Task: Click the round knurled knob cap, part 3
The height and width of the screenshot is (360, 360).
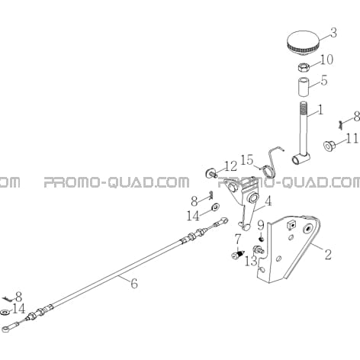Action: click(x=303, y=43)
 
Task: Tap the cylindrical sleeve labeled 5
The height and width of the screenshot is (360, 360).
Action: click(x=304, y=87)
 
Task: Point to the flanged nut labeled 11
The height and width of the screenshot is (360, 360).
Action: click(x=329, y=146)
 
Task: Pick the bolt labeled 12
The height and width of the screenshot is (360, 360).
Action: click(x=211, y=173)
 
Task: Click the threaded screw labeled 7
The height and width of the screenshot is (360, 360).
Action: click(x=238, y=254)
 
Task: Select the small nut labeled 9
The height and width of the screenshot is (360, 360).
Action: click(x=261, y=239)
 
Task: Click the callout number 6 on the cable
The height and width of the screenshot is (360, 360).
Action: click(x=134, y=283)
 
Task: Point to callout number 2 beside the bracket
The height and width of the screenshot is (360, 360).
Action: click(x=328, y=255)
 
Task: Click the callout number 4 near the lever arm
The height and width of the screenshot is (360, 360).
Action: click(x=268, y=201)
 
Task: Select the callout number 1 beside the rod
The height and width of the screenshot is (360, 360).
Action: click(x=320, y=111)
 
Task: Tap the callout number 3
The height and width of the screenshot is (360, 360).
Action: click(x=333, y=33)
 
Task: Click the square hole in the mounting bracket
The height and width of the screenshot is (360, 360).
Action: click(x=291, y=225)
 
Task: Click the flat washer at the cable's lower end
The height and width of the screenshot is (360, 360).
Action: click(x=5, y=312)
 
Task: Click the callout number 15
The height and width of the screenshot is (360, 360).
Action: click(x=247, y=160)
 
